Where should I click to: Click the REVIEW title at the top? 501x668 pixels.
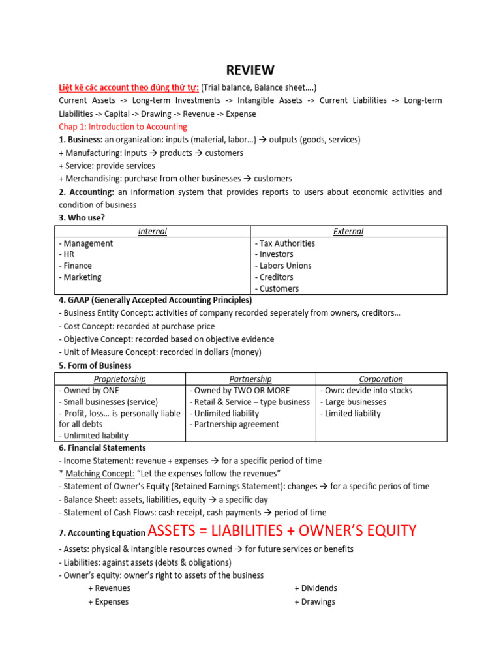point(250,70)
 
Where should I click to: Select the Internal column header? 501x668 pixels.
point(152,232)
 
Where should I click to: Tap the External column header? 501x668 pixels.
point(348,232)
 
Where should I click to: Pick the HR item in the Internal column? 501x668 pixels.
point(67,254)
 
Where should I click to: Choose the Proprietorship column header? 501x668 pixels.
point(120,379)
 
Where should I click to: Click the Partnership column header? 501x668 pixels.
point(250,379)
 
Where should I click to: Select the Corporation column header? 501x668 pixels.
point(381,379)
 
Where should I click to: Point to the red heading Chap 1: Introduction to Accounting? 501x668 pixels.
point(123,127)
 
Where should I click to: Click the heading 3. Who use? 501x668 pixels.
point(82,218)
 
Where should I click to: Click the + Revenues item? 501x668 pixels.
point(109,588)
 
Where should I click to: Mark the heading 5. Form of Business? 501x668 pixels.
point(95,366)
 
